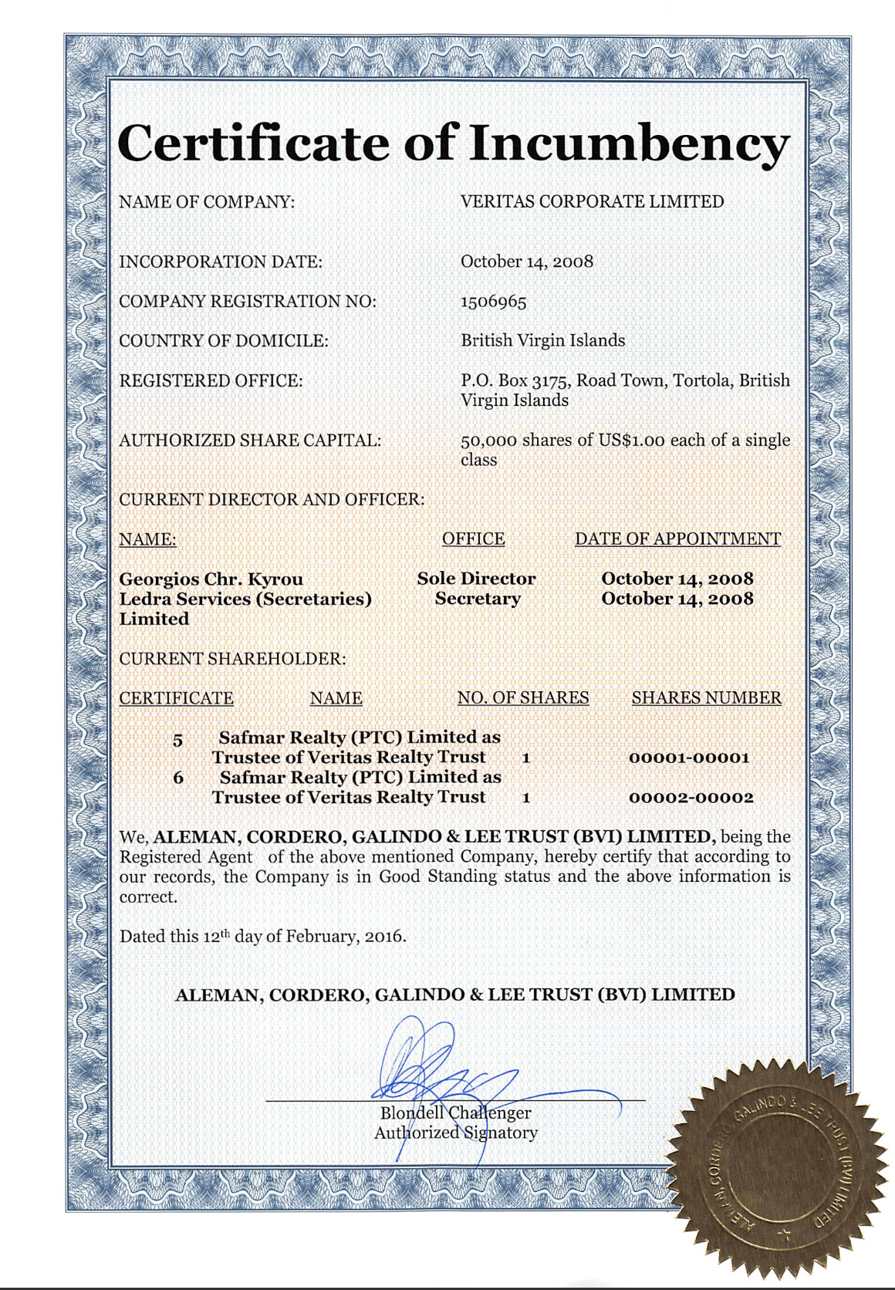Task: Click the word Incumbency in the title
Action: [629, 144]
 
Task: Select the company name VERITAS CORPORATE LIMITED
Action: [592, 201]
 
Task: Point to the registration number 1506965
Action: [493, 302]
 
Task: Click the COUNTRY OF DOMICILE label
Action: [223, 341]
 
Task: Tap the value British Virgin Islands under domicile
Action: [542, 340]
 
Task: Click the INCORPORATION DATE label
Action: [220, 262]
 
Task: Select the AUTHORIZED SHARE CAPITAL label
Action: [249, 441]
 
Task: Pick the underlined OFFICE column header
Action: [473, 539]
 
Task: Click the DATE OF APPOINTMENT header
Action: [677, 539]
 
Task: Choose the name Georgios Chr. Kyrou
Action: [211, 579]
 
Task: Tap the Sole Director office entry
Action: [476, 579]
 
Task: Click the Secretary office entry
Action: [478, 599]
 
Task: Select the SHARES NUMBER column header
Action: [706, 697]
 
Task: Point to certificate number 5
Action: [177, 740]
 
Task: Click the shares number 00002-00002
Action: [691, 798]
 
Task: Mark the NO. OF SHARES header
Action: [522, 697]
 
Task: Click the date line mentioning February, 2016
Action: [262, 937]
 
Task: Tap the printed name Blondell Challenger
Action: [455, 1113]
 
